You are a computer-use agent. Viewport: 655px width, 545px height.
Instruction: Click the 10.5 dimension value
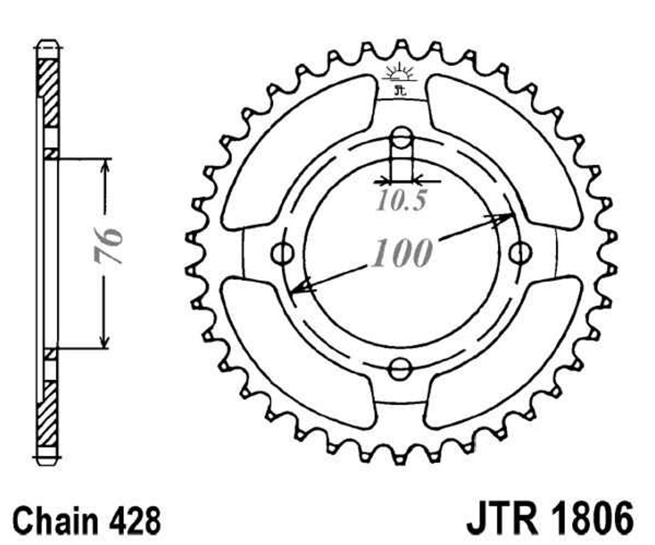click(x=402, y=201)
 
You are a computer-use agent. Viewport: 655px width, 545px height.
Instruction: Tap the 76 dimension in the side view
click(x=108, y=246)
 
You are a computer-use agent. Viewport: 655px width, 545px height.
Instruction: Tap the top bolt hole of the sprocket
click(x=401, y=138)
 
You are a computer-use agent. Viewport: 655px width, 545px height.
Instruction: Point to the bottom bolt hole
click(x=401, y=369)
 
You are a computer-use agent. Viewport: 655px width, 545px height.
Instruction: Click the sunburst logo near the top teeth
click(x=400, y=73)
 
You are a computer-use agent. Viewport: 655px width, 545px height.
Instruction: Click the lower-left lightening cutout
click(x=299, y=353)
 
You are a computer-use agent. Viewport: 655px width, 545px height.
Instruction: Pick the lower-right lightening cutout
click(x=504, y=353)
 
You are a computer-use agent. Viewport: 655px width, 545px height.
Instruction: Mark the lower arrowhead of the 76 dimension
click(x=105, y=341)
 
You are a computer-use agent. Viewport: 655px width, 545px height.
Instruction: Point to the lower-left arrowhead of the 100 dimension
click(x=300, y=287)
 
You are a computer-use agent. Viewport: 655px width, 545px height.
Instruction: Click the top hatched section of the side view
click(x=48, y=93)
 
